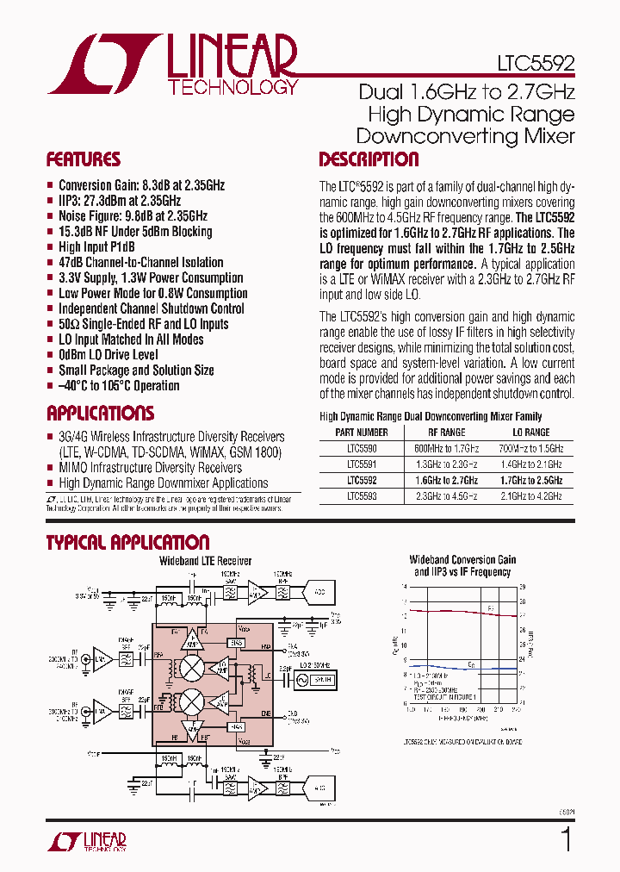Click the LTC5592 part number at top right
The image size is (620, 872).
[535, 64]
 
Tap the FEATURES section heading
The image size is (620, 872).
[84, 159]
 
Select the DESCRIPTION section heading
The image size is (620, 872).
[369, 159]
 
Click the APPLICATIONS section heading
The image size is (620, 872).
[101, 413]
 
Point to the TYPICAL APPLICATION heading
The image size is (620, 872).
[127, 542]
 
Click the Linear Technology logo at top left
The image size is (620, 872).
[173, 64]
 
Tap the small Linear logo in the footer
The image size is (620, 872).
[96, 841]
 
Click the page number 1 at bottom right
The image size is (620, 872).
[566, 838]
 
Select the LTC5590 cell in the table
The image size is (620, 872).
[362, 448]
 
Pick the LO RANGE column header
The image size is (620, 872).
[531, 433]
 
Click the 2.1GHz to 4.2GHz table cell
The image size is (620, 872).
[531, 496]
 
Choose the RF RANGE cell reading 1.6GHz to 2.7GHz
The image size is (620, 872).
[446, 480]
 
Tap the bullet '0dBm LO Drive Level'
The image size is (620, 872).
[108, 355]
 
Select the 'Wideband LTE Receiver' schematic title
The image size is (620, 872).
[205, 561]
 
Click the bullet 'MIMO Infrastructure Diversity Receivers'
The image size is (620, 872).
[150, 468]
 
